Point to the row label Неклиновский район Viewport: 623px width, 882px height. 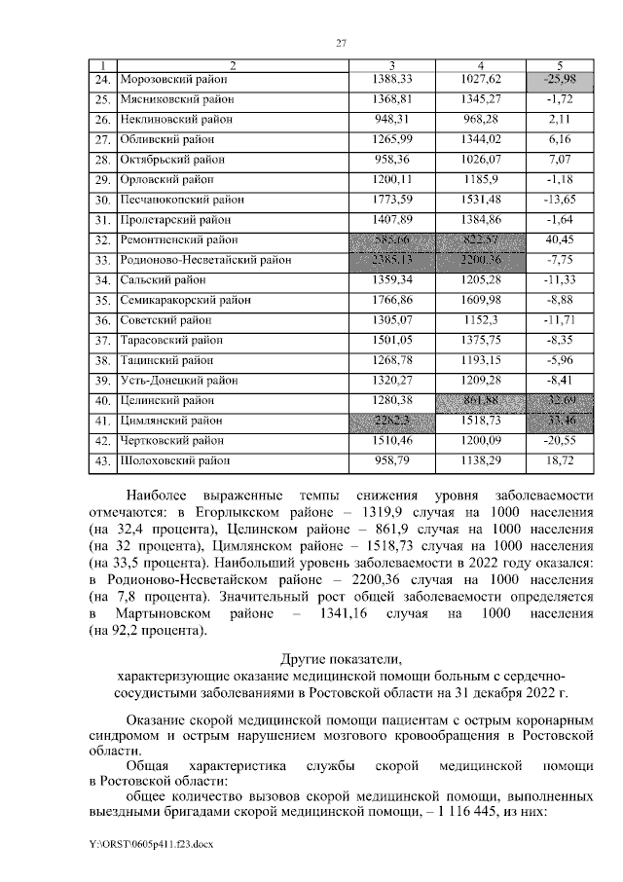tap(176, 119)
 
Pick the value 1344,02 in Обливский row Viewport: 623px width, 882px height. tap(484, 139)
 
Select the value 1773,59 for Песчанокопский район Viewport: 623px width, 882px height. tap(393, 199)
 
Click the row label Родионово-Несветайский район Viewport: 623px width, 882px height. tap(204, 260)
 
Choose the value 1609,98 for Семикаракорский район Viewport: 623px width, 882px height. tap(484, 300)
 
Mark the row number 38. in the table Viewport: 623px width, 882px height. tap(101, 360)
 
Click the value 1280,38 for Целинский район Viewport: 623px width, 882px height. tap(393, 400)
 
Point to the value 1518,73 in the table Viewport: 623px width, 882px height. tap(484, 421)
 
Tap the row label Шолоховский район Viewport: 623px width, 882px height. tap(176, 460)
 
